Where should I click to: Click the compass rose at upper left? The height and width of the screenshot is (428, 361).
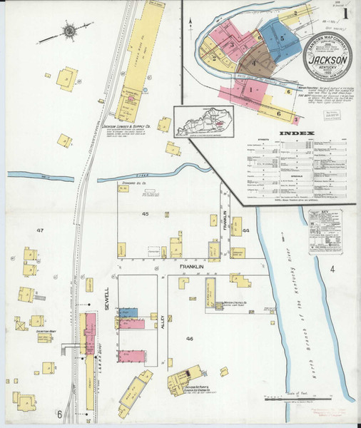(x=69, y=31)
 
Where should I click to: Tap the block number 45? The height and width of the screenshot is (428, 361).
(x=145, y=214)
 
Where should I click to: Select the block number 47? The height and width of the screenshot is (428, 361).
(x=41, y=230)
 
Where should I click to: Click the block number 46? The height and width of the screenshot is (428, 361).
(x=190, y=337)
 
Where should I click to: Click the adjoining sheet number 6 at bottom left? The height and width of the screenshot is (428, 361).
(x=60, y=414)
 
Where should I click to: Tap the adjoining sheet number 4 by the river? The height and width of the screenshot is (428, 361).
(x=331, y=269)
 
